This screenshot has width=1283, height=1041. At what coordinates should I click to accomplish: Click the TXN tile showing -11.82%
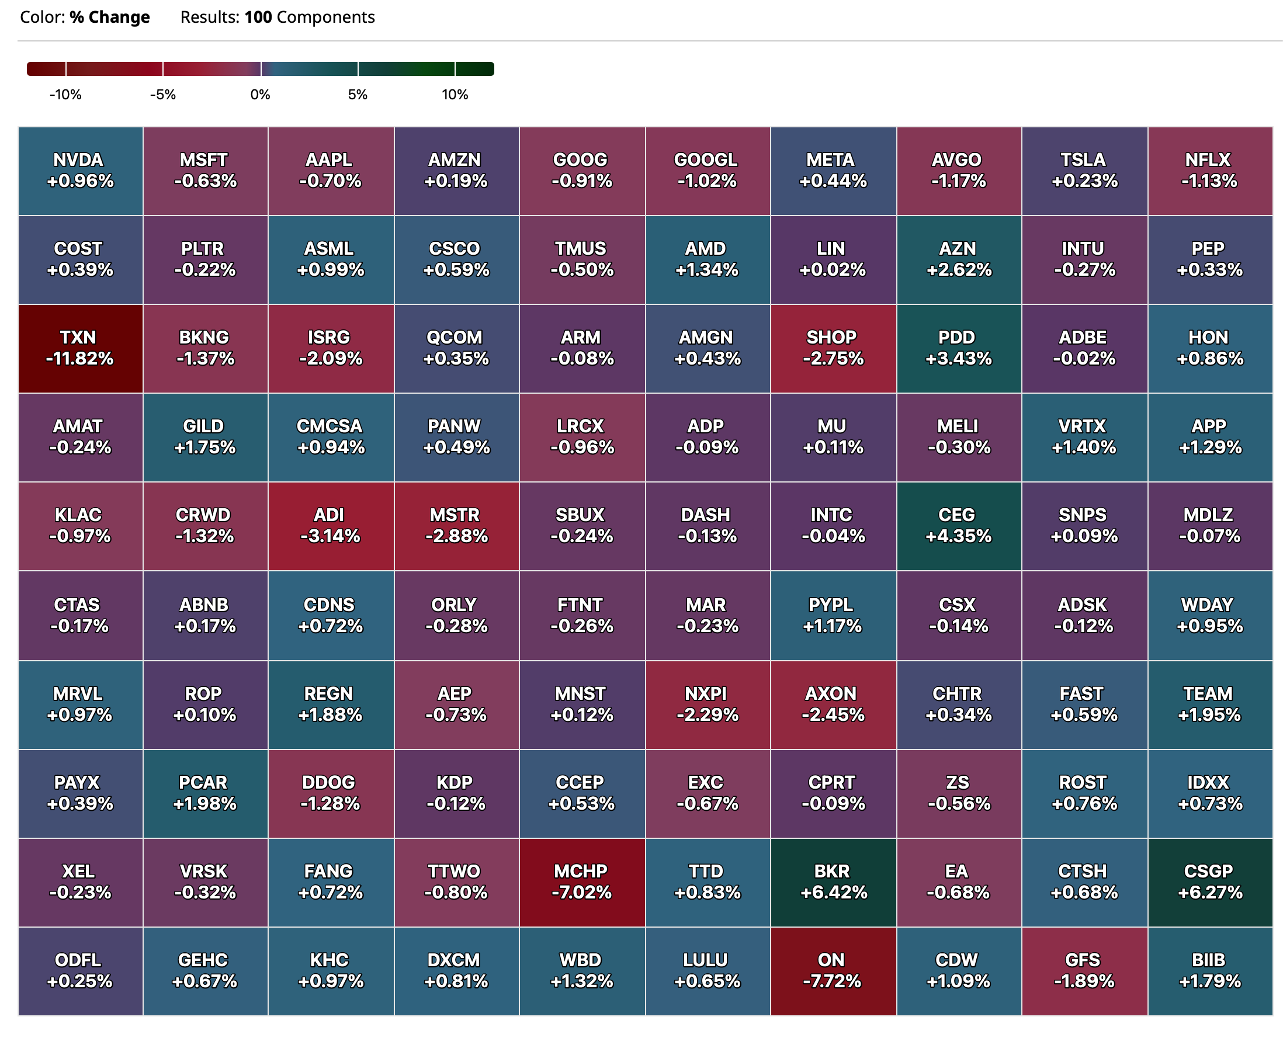tap(80, 348)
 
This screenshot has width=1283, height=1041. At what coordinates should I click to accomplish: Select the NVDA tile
tap(80, 171)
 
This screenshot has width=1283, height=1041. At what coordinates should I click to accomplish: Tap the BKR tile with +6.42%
tap(833, 882)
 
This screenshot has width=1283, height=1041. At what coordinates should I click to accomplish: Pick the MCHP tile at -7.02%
tap(581, 882)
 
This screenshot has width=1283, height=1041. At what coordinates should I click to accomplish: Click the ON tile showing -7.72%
tap(833, 971)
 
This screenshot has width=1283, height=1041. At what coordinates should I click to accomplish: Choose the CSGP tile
tap(1209, 882)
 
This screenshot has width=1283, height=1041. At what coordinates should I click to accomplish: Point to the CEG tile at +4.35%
tap(959, 526)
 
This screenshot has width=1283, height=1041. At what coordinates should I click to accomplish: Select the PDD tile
tap(959, 348)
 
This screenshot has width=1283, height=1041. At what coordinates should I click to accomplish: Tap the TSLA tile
tap(1084, 171)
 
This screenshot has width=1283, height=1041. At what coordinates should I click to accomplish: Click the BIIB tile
tap(1209, 971)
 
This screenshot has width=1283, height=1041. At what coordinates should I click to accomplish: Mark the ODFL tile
tap(80, 971)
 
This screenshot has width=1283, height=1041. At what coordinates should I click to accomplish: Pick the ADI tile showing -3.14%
tap(331, 526)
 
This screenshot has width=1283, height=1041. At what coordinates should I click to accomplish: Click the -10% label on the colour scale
tap(65, 95)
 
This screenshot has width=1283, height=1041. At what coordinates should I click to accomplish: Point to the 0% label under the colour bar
tap(261, 95)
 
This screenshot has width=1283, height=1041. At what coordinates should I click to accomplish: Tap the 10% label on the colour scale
tap(455, 95)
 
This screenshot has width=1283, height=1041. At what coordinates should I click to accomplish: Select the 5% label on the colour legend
tap(358, 95)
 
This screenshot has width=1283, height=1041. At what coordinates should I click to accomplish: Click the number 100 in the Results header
tap(258, 17)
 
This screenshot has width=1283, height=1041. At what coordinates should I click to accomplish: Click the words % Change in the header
tap(110, 17)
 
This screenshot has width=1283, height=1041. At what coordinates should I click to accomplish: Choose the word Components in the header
tap(325, 17)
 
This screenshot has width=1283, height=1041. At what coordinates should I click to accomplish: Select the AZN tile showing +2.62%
tap(959, 259)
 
